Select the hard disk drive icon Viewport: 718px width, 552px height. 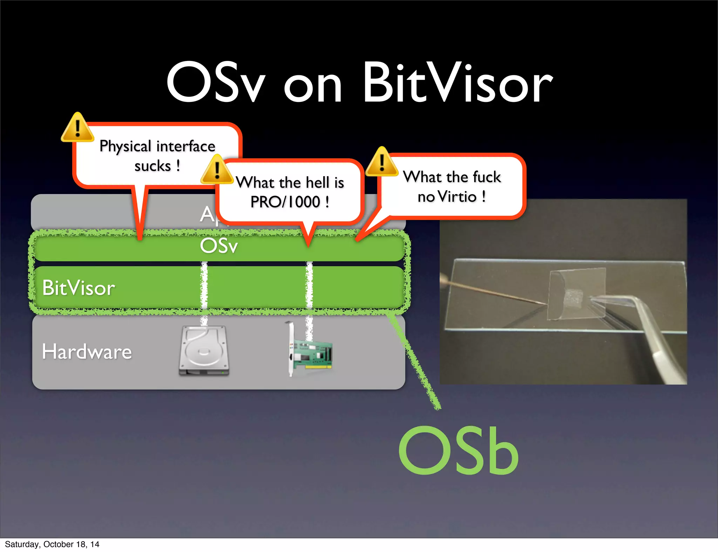[204, 351]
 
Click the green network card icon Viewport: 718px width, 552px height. [309, 352]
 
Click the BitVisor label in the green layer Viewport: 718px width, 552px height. [79, 288]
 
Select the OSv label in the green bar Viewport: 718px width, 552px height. [219, 246]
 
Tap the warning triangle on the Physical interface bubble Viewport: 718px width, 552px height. [77, 128]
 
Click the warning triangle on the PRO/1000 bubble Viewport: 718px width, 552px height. [217, 171]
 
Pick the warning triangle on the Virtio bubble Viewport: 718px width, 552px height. [382, 163]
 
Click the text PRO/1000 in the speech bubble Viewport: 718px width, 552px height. [285, 202]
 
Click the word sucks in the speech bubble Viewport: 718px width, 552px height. [153, 166]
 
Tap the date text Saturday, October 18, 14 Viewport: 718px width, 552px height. [52, 544]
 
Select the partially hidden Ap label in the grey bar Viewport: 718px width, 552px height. [208, 214]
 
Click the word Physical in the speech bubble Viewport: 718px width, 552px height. [125, 146]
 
